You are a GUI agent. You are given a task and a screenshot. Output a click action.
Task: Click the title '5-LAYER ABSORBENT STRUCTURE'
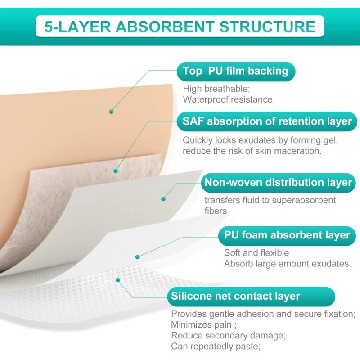click(x=180, y=26)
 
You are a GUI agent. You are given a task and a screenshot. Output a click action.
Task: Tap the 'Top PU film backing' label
click(x=235, y=71)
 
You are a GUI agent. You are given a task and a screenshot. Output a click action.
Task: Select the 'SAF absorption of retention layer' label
click(x=267, y=121)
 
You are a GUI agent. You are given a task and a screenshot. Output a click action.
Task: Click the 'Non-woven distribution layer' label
click(x=278, y=183)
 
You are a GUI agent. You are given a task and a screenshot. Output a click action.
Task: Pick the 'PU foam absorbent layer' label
click(x=287, y=235)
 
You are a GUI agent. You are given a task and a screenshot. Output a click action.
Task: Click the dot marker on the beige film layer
click(x=111, y=111)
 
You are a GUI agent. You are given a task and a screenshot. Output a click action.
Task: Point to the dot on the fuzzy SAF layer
click(x=116, y=171)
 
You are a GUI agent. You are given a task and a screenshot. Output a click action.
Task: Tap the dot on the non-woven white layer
click(x=163, y=198)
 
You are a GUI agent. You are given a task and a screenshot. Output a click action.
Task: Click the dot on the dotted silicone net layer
click(x=118, y=280)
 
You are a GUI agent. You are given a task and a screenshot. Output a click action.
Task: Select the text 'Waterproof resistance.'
click(x=229, y=99)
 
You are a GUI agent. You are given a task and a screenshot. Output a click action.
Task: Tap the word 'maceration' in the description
click(x=297, y=151)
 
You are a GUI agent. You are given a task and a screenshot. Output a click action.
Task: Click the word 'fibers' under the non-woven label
click(x=216, y=211)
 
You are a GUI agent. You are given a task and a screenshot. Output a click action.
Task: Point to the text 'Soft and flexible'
click(x=256, y=253)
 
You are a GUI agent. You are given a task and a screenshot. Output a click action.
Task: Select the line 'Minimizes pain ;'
click(x=201, y=324)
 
